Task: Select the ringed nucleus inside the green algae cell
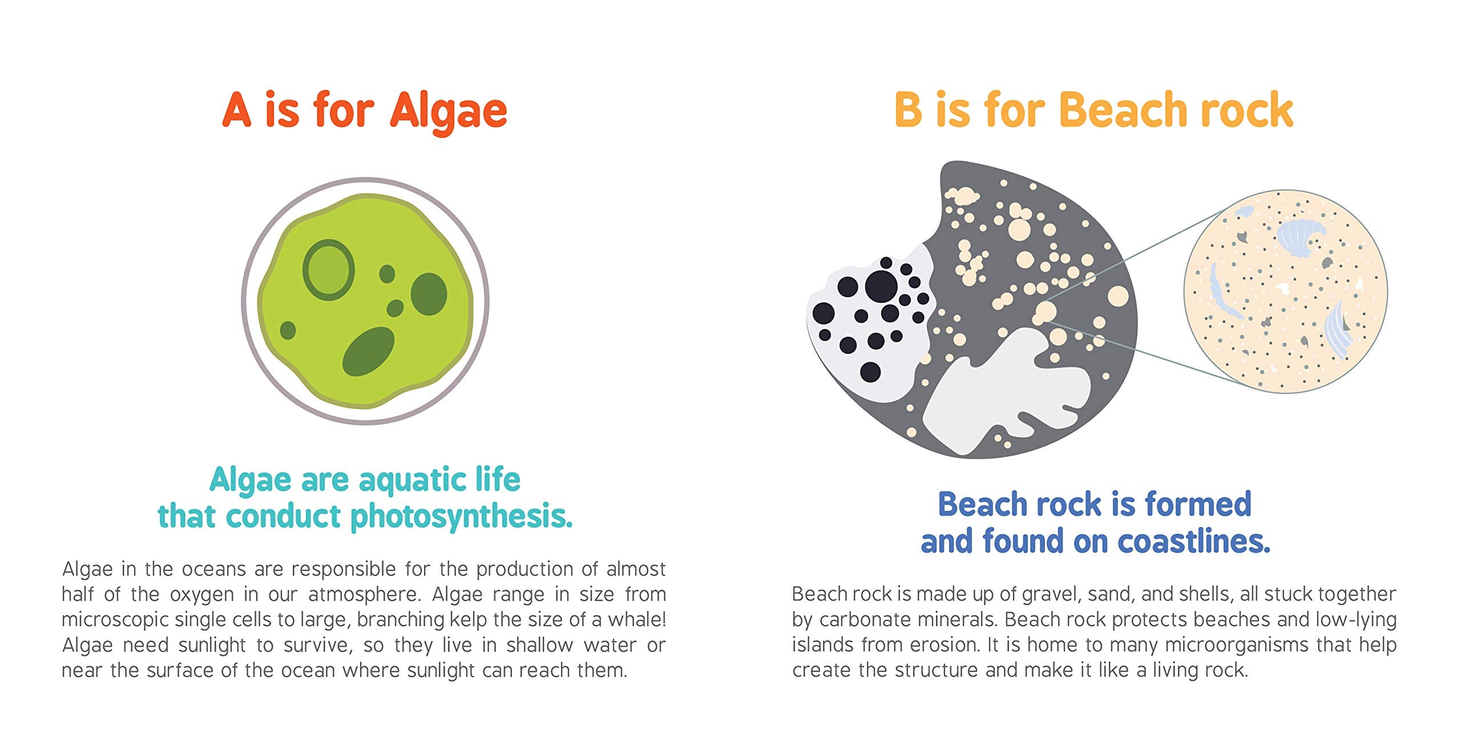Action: [x=328, y=270]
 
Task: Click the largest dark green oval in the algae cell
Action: [x=368, y=351]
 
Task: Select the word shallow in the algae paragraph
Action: [x=539, y=645]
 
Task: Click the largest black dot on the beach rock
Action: [x=881, y=286]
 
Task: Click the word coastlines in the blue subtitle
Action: [x=1193, y=542]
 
